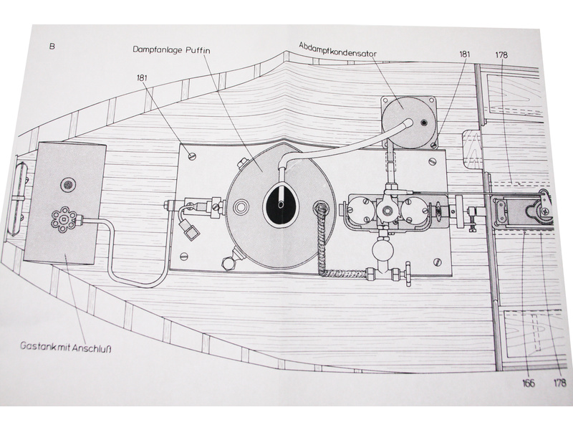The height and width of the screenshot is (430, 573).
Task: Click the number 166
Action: click(529, 383)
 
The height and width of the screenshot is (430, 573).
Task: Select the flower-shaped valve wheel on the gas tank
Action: click(64, 217)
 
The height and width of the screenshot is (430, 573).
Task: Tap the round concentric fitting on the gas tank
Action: click(67, 185)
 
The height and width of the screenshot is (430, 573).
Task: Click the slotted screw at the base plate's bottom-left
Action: click(183, 257)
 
